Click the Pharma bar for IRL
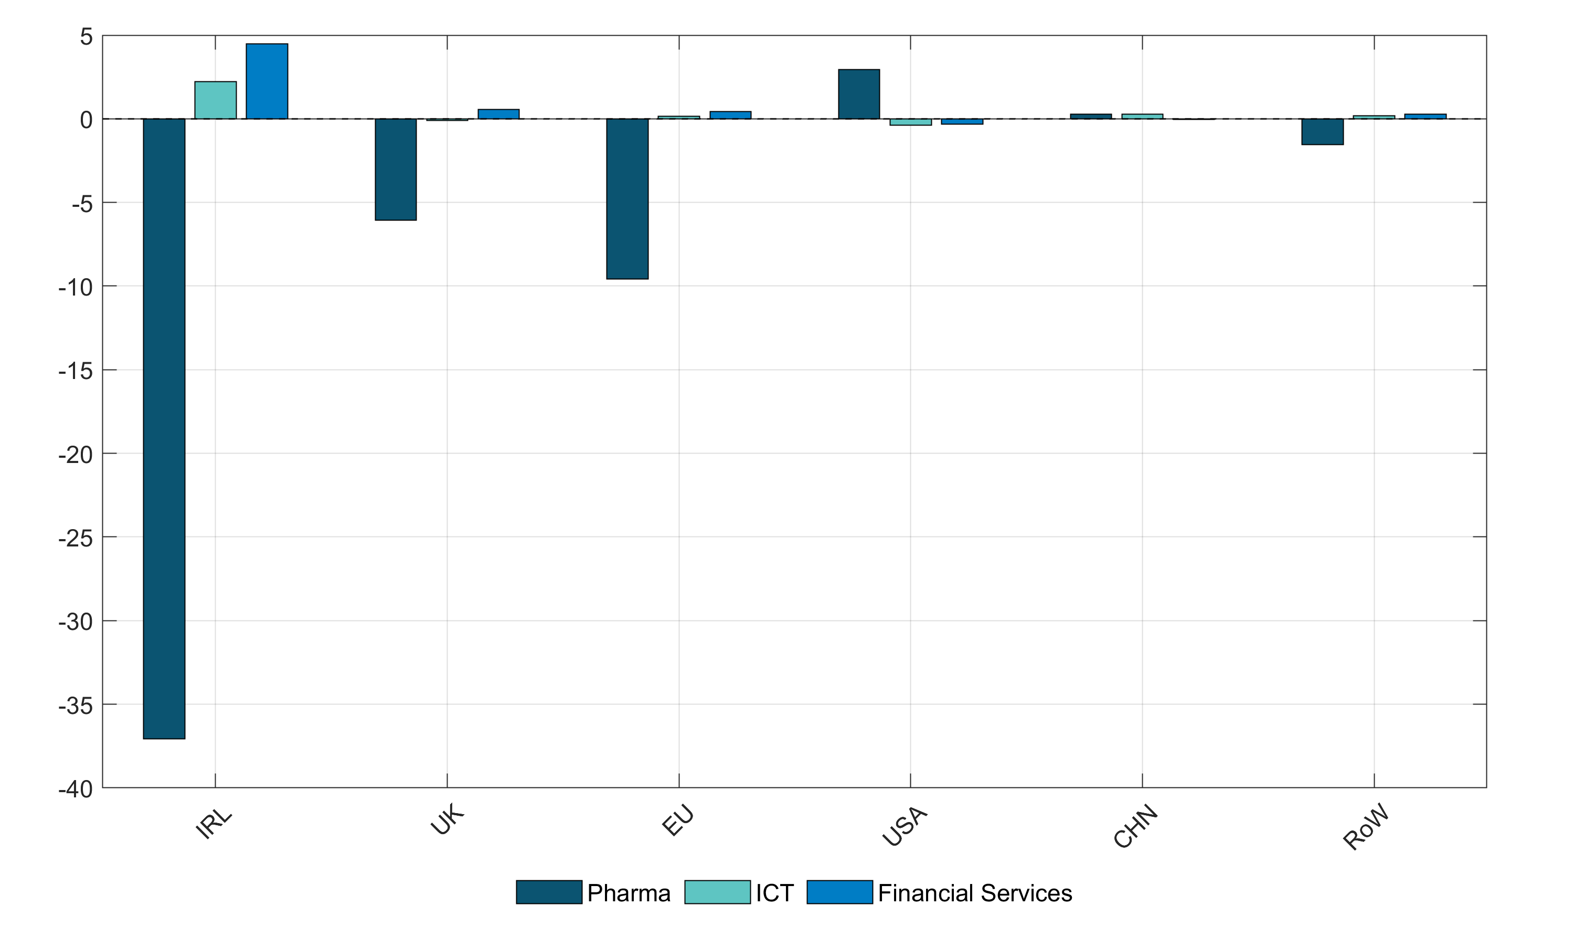pyautogui.click(x=164, y=428)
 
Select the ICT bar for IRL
pyautogui.click(x=215, y=100)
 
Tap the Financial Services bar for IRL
pyautogui.click(x=267, y=81)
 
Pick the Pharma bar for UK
pyautogui.click(x=396, y=169)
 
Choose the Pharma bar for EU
pyautogui.click(x=628, y=198)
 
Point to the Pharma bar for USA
pyautogui.click(x=859, y=94)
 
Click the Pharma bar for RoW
pyautogui.click(x=1322, y=131)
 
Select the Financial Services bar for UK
pyautogui.click(x=498, y=114)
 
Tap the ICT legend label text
pyautogui.click(x=774, y=893)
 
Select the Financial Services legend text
pyautogui.click(x=975, y=893)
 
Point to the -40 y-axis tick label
pyautogui.click(x=76, y=788)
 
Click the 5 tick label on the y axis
pyautogui.click(x=86, y=37)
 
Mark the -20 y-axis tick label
pyautogui.click(x=76, y=455)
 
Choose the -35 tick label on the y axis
pyautogui.click(x=76, y=706)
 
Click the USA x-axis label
pyautogui.click(x=905, y=826)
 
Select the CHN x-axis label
pyautogui.click(x=1135, y=826)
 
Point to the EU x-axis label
pyautogui.click(x=678, y=821)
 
